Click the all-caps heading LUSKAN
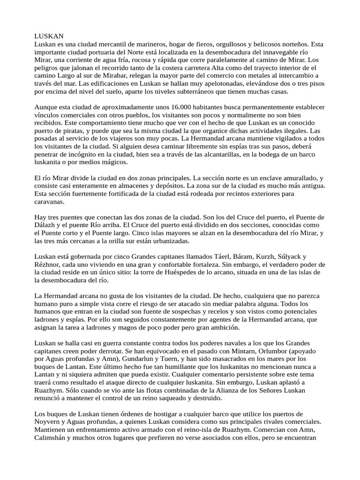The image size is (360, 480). (49, 36)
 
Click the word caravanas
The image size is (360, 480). (51, 202)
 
